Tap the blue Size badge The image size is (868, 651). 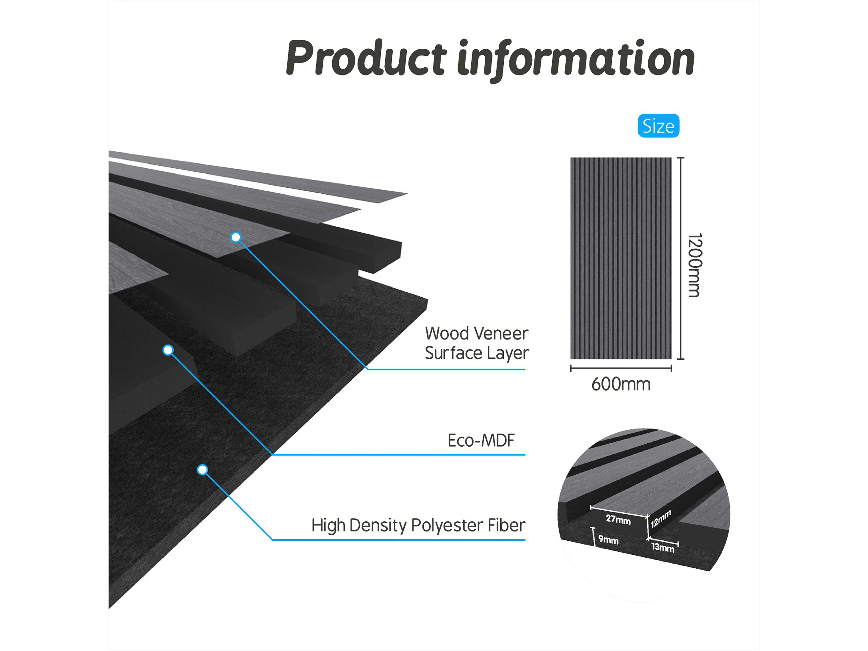[658, 126]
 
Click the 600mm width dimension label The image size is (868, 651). [621, 384]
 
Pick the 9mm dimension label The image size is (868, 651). [608, 540]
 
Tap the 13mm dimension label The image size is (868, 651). [662, 547]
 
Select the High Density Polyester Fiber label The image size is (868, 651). [418, 525]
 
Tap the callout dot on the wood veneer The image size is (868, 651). [235, 237]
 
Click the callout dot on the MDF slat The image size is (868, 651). [168, 350]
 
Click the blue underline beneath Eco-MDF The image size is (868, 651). [398, 454]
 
